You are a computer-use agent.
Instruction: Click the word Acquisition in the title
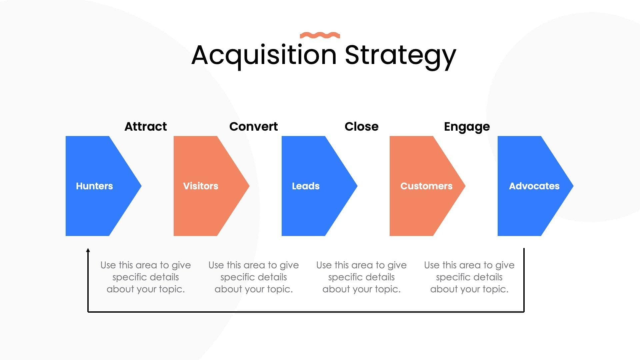(x=264, y=55)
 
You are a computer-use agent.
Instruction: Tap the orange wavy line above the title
(x=320, y=35)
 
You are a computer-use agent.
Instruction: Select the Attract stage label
(x=145, y=127)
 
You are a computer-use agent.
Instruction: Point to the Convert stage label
(x=253, y=127)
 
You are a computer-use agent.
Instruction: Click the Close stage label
(x=361, y=127)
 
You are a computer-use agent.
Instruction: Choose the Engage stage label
(x=467, y=127)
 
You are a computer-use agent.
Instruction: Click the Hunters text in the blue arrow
(x=94, y=186)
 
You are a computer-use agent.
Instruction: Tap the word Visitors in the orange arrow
(x=201, y=186)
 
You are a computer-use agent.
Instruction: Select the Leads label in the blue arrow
(x=306, y=186)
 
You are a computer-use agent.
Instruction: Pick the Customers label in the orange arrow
(x=426, y=186)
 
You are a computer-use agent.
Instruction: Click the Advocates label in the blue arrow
(x=534, y=186)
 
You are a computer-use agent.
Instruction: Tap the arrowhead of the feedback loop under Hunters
(x=88, y=250)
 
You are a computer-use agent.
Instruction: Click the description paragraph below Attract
(x=146, y=277)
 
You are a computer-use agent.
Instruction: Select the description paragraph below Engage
(x=469, y=277)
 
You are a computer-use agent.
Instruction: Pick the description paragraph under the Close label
(x=361, y=277)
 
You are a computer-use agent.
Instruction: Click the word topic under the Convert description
(x=279, y=289)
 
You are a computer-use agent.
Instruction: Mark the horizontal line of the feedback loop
(x=306, y=312)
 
